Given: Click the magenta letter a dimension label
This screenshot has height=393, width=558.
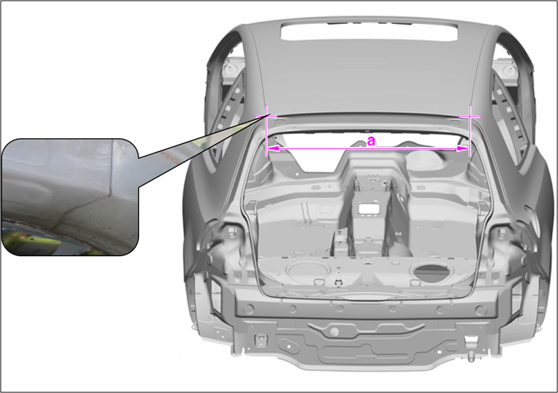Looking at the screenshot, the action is point(371,141).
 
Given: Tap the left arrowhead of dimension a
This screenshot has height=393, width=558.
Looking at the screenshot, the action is point(273,149).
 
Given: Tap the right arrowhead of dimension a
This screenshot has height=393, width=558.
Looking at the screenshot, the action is point(463,149).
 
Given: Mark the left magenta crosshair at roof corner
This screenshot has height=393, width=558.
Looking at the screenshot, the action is point(266,116).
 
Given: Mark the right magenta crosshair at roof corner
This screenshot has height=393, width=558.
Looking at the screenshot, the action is point(470,116).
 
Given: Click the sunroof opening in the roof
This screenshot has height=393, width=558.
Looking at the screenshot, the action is point(369,31).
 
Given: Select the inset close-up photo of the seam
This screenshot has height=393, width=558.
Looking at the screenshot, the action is point(70,198).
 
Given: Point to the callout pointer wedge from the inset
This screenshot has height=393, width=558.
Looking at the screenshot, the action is point(199,153).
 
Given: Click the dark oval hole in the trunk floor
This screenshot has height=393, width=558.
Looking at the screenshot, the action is point(432,273).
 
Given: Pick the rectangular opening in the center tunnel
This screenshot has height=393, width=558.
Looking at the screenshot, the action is point(368,209).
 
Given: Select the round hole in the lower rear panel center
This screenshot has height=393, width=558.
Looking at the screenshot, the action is point(334,332).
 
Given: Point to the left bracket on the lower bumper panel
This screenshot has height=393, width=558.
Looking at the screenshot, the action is point(260,340).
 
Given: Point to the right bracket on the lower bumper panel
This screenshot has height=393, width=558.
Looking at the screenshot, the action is point(470,341).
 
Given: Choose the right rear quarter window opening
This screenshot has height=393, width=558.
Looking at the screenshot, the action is point(508,107).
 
